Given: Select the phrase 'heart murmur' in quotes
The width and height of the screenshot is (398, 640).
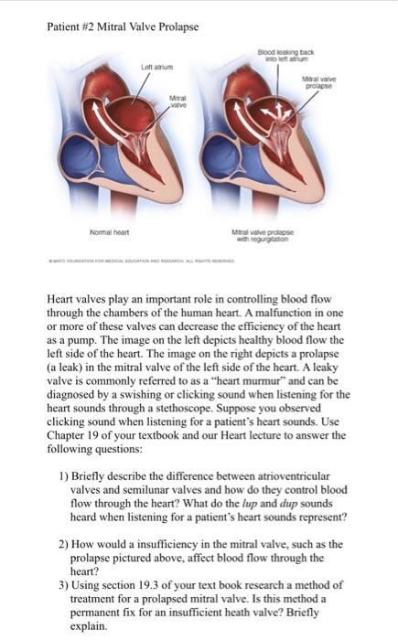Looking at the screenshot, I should [x=251, y=379].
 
